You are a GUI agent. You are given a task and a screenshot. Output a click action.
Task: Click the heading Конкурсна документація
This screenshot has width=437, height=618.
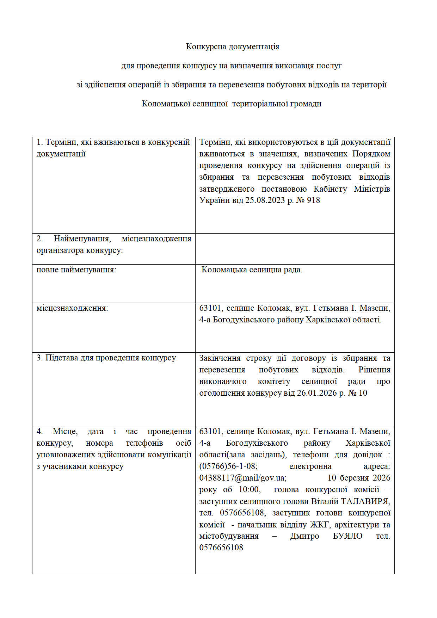click(233, 47)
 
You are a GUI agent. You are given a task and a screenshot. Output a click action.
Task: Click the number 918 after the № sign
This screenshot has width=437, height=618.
click(313, 200)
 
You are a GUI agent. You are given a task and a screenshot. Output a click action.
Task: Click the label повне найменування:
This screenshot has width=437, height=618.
click(76, 270)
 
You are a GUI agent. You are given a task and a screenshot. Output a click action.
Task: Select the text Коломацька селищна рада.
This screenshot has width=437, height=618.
click(252, 270)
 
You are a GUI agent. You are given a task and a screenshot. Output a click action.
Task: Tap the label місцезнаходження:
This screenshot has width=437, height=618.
click(72, 308)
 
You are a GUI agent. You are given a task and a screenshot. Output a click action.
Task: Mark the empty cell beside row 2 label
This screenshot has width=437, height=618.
click(295, 249)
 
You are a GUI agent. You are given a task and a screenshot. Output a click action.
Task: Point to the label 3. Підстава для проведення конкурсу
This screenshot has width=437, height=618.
click(106, 358)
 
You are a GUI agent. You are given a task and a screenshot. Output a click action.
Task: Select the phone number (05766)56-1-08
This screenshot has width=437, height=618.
click(228, 466)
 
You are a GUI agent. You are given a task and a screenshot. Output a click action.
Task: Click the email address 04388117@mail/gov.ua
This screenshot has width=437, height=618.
click(242, 478)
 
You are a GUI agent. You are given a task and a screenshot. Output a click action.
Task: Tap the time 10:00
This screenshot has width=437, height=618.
click(250, 490)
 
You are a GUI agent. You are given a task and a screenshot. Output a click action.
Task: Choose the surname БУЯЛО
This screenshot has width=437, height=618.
click(348, 536)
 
